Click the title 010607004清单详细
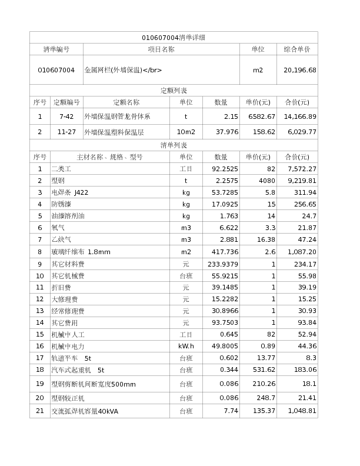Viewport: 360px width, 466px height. tap(174, 38)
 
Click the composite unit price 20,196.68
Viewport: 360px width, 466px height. tap(300, 70)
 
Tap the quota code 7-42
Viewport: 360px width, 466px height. tap(66, 116)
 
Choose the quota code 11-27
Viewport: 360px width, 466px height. tap(66, 132)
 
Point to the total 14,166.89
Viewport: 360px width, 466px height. tap(300, 116)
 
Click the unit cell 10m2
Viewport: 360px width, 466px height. tap(186, 132)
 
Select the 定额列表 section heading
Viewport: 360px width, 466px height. tap(174, 91)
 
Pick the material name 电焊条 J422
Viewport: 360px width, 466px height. tap(70, 192)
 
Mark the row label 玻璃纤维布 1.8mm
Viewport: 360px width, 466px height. tap(81, 252)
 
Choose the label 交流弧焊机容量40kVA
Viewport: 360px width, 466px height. tap(85, 411)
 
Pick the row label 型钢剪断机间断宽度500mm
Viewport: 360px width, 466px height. tap(94, 384)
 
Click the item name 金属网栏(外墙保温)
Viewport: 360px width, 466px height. tap(124, 70)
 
